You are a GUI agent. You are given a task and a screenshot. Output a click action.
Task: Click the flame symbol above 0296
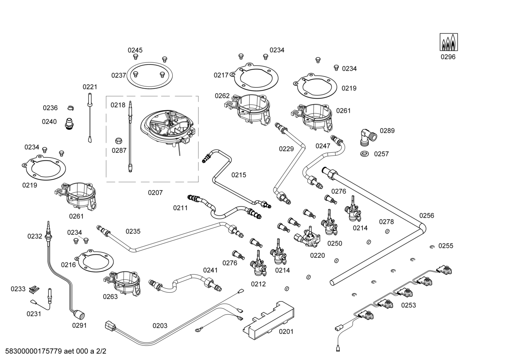point(449,42)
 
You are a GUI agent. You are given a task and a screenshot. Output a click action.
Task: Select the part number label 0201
point(286,332)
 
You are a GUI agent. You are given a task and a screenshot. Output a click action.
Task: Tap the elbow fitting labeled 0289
point(365,136)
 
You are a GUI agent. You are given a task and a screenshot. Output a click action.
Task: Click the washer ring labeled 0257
point(364,154)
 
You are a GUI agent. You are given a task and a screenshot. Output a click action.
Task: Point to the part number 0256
point(426,215)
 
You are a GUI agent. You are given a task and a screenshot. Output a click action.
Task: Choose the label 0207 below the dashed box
point(155,193)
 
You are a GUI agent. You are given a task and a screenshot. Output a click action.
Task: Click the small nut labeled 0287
point(119,140)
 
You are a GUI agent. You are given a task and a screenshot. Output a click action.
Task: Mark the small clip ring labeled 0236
point(71,108)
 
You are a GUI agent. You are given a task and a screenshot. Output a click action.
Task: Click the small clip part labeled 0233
point(34,289)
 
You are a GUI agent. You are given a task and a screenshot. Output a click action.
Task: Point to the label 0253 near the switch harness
point(409,305)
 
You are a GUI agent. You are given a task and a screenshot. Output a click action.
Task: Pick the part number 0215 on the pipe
point(238,175)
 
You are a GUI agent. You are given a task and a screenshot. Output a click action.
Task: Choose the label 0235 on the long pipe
point(133,231)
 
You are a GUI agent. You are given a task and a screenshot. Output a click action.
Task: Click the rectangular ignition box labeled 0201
point(268,318)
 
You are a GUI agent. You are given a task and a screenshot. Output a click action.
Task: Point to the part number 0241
point(210,270)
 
